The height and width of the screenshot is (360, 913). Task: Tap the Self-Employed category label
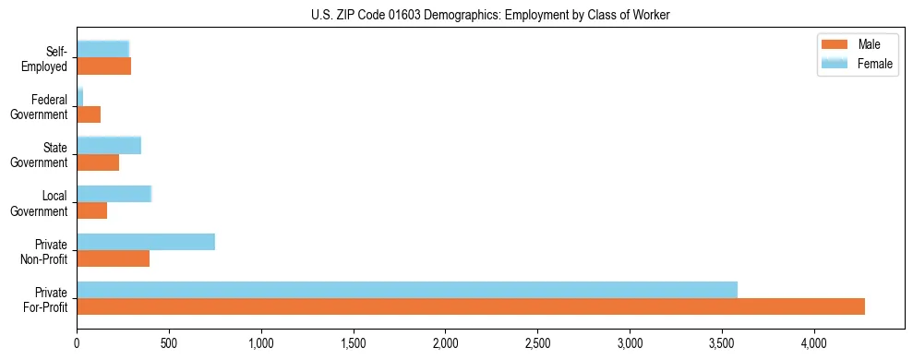[x=44, y=58]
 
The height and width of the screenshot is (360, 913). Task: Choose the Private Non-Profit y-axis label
[x=44, y=250]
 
